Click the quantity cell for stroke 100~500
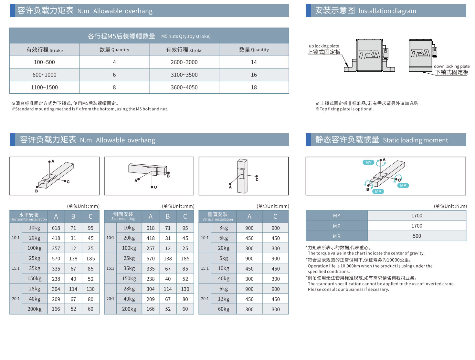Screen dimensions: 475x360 tap(114, 62)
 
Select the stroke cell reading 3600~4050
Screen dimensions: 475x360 tap(184, 87)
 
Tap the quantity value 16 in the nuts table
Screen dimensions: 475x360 tap(254, 75)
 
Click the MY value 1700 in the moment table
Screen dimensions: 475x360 tap(417, 216)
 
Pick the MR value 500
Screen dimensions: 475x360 tap(417, 236)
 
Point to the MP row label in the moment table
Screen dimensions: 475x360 tap(336, 226)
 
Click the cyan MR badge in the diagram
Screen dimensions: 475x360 tap(378, 191)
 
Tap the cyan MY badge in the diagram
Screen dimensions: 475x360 tap(368, 162)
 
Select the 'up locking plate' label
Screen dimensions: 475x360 tap(324, 46)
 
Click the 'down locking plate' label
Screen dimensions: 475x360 tap(451, 67)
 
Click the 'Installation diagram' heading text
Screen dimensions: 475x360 tap(387, 11)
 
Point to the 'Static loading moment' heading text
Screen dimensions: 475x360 tap(415, 140)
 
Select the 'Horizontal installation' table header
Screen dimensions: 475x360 tap(28, 216)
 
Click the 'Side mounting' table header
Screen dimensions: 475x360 tap(123, 216)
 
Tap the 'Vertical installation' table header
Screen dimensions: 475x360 tap(217, 216)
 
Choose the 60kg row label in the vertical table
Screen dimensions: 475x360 tap(224, 309)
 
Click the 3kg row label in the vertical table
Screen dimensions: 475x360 tap(224, 228)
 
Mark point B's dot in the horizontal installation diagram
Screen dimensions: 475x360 tap(37, 187)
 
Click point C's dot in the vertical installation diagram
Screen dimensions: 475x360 tap(257, 176)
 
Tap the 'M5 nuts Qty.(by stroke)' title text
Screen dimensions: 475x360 tap(186, 36)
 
